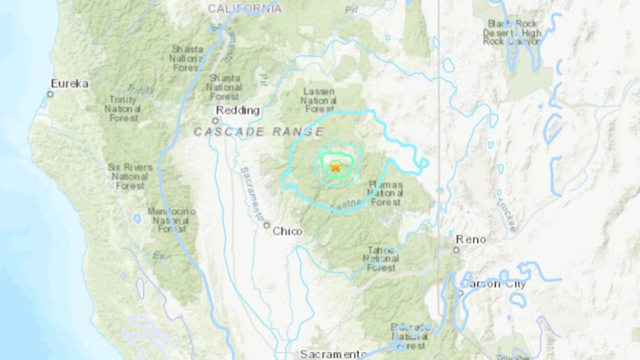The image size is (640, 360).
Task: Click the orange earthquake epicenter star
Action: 335,166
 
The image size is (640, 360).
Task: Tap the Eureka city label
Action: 69,84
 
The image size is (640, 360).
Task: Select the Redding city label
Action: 237,110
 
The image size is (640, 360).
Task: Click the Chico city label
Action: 287,231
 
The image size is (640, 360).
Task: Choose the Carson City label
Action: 493,284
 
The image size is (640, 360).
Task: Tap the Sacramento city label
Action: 333,354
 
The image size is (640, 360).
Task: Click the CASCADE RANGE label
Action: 259,131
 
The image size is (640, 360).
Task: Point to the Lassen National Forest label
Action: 318,100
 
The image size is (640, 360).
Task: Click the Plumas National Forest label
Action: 386,193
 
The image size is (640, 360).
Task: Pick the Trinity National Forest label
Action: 124,109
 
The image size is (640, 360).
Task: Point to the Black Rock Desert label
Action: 512,33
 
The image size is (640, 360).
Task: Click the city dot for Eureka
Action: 50,94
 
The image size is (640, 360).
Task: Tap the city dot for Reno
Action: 457,250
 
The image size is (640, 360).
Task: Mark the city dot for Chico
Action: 267,225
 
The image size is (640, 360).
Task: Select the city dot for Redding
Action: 215,121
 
